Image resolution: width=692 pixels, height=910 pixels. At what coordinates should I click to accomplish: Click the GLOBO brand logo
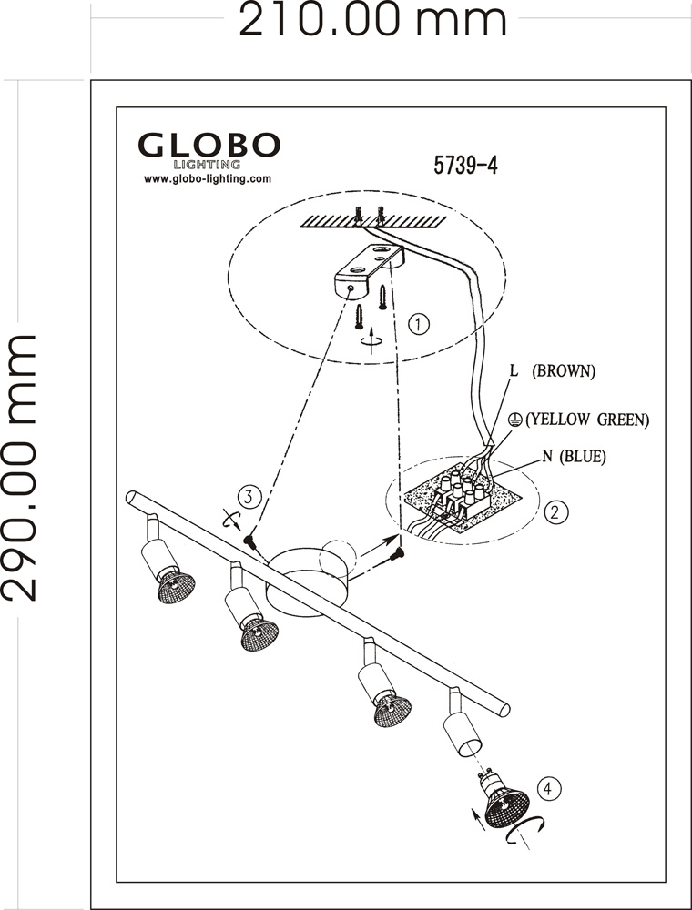pos(209,146)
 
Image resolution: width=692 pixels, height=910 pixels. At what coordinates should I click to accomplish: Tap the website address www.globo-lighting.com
pos(208,179)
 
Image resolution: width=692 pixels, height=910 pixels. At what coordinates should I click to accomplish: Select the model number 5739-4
pos(464,166)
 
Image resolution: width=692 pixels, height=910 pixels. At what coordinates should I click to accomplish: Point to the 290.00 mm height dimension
pos(20,467)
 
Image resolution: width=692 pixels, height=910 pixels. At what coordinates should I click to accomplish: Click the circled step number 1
pos(418,323)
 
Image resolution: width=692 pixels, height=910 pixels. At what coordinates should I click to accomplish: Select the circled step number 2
pos(555,511)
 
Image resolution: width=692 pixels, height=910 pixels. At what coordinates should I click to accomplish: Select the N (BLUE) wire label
pos(574,457)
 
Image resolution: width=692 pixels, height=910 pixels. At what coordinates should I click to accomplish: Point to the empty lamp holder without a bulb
pos(463,729)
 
